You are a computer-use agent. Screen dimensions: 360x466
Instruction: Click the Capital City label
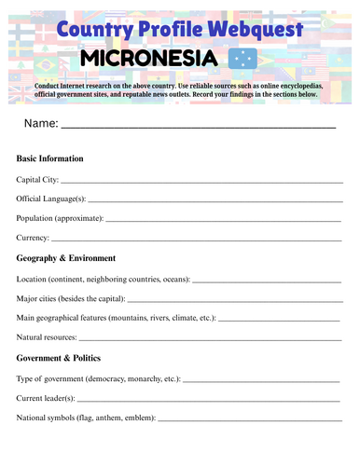click(x=37, y=179)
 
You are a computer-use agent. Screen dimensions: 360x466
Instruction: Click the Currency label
click(x=34, y=238)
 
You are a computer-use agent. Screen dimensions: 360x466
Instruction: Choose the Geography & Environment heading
click(x=66, y=257)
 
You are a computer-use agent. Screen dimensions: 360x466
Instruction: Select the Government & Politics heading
click(x=64, y=357)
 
